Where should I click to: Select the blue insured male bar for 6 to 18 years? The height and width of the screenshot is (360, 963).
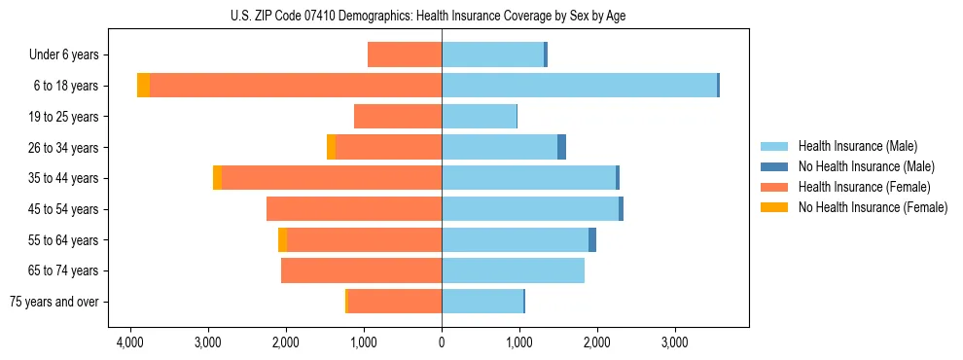pyautogui.click(x=579, y=86)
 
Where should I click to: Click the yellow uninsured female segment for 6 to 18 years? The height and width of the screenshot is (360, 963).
pyautogui.click(x=143, y=86)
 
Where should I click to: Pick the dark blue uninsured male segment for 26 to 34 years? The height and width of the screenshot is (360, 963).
pyautogui.click(x=561, y=147)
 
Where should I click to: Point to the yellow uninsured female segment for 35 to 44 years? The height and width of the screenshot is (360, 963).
pyautogui.click(x=217, y=178)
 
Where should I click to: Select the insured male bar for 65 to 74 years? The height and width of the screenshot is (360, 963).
pyautogui.click(x=513, y=270)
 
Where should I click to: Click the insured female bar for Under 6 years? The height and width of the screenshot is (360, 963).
pyautogui.click(x=405, y=55)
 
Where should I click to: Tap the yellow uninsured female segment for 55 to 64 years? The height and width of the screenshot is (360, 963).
pyautogui.click(x=282, y=239)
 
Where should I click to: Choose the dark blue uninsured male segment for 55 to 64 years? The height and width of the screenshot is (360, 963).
pyautogui.click(x=592, y=239)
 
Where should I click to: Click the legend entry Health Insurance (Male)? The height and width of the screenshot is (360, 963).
pyautogui.click(x=857, y=146)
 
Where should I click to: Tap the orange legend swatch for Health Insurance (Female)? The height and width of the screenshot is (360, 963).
pyautogui.click(x=775, y=187)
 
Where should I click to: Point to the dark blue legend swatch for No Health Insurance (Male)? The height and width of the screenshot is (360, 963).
pyautogui.click(x=775, y=166)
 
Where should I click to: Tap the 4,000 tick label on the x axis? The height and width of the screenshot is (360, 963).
pyautogui.click(x=130, y=342)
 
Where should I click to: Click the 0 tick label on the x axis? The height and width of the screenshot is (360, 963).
pyautogui.click(x=442, y=342)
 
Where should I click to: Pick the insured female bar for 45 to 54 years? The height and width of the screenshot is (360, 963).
pyautogui.click(x=354, y=209)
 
